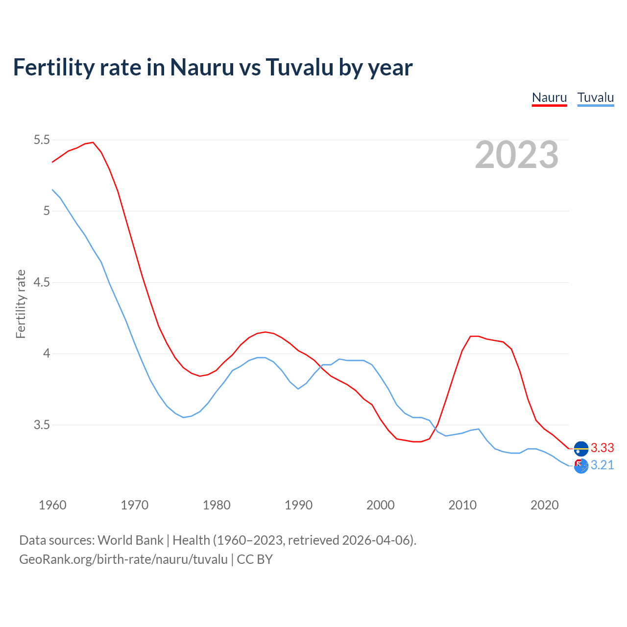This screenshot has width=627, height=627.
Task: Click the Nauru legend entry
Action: coord(549,97)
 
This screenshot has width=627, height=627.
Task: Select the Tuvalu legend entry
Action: coord(595,97)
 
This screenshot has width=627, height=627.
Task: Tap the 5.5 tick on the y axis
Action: coord(42,140)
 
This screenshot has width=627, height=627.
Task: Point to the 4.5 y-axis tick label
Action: coord(42,283)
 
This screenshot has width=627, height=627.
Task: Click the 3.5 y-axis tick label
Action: coord(42,425)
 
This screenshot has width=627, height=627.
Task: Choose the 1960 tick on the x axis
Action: coord(52,505)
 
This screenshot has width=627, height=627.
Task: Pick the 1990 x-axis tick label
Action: coord(298,505)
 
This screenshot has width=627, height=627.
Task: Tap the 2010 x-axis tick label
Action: coord(462,505)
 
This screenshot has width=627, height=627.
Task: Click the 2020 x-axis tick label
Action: coord(544,505)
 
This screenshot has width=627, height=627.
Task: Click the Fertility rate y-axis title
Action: coord(21,304)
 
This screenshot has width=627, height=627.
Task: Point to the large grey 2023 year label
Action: coord(516,155)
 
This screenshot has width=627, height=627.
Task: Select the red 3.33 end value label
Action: coord(602,448)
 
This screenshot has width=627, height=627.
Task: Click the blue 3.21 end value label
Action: coord(602,465)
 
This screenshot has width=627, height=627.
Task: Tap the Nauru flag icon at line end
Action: coord(581,448)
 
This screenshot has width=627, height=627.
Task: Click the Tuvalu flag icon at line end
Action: coord(581,466)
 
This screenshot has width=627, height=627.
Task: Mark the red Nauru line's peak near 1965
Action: coord(93,143)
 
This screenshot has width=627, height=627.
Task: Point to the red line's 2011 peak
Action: coord(471,336)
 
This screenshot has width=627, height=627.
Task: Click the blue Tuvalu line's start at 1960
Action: coord(52,190)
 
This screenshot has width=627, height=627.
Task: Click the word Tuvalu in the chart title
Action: coord(299,67)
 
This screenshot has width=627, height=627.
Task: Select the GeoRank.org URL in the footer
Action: coord(123,559)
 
